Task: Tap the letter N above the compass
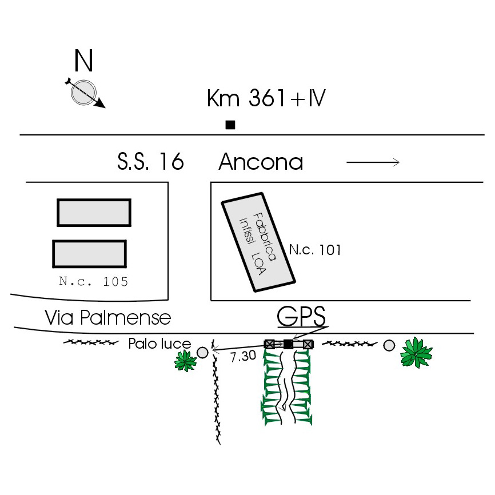point(84,60)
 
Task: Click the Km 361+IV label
point(266,99)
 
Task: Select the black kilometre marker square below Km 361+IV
point(230,125)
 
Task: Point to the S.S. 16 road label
point(150,162)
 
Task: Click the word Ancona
point(261,162)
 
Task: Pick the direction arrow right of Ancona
point(373,163)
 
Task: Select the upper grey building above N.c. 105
point(94,212)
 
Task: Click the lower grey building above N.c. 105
point(89,253)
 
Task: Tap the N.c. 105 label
point(93,281)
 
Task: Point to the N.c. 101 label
point(315,250)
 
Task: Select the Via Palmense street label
point(108,317)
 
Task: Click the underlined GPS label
point(301,316)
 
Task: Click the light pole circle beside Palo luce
point(202,352)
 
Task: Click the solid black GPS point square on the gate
point(289,344)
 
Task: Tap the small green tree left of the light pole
point(185,360)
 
